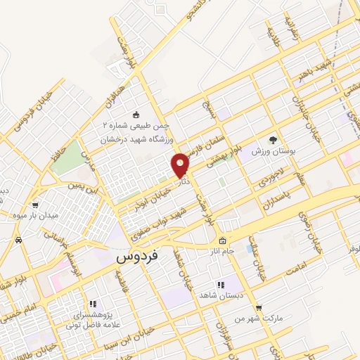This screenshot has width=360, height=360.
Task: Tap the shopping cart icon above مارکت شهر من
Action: coord(259,308)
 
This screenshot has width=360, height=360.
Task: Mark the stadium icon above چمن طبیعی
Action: coord(136,114)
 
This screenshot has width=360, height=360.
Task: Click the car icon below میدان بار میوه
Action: coord(19,240)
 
